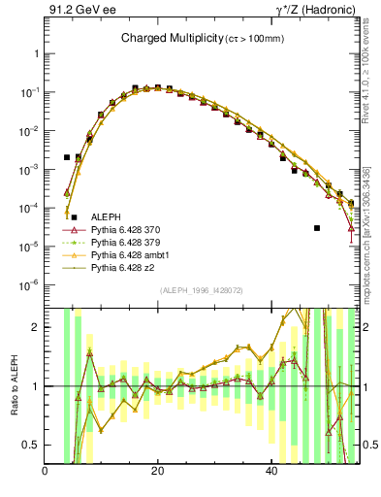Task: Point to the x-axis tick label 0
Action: click(x=45, y=471)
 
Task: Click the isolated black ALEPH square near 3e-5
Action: click(x=317, y=228)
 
